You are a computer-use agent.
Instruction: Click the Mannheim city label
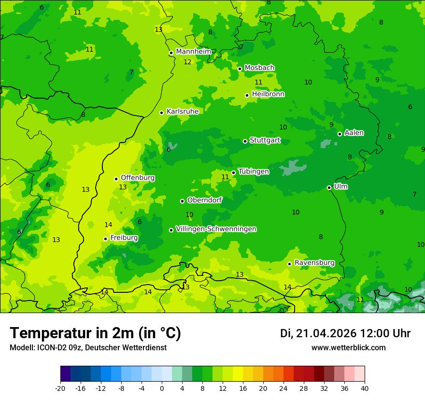pos(194,52)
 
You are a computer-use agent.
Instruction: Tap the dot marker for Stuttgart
pos(245,141)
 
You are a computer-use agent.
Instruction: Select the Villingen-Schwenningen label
pos(216,229)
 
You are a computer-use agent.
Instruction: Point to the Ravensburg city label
pos(314,263)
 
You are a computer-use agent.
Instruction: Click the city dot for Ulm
pos(329,187)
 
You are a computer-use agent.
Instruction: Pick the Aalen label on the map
pos(354,133)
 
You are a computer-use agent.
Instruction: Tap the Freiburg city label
pos(124,238)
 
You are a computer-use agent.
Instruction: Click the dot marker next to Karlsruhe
pos(162,113)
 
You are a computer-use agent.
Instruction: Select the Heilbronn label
pos(268,94)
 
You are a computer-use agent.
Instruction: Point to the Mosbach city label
pos(259,68)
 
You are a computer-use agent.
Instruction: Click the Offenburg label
pos(138,178)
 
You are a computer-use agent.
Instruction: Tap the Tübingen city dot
pos(234,172)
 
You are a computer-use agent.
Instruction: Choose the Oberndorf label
pos(205,200)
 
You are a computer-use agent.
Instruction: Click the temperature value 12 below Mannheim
pos(187,62)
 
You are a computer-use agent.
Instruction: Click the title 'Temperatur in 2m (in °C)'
pos(96,333)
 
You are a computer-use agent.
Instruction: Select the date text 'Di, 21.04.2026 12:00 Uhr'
pos(345,333)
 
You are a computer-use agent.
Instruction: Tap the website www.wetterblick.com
pos(348,348)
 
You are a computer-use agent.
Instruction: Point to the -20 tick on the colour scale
pos(60,388)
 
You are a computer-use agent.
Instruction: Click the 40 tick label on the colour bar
pos(365,388)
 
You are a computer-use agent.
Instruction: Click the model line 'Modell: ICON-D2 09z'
pos(88,348)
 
